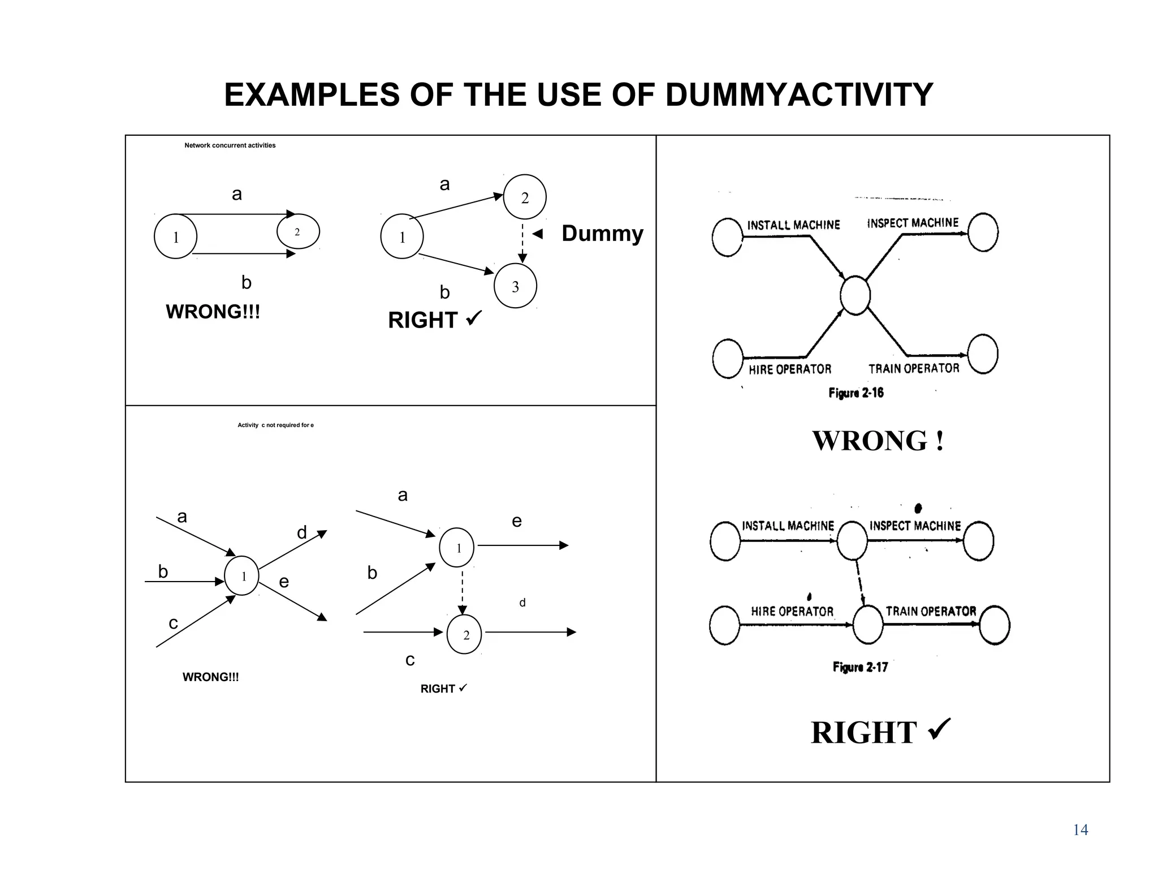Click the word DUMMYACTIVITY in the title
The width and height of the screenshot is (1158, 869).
[798, 94]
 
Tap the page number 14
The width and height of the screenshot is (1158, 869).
[1080, 830]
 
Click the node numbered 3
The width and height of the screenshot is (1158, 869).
[515, 286]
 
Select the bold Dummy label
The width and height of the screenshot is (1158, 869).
[602, 234]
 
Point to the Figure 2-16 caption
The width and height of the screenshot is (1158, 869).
[855, 393]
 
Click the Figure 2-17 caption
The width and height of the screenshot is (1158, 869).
[860, 667]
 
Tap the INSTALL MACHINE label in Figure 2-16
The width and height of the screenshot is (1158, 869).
[793, 225]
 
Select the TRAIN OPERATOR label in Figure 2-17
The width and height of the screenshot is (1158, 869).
[931, 611]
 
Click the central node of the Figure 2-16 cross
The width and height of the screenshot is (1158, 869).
[855, 295]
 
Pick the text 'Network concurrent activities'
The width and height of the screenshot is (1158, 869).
[230, 145]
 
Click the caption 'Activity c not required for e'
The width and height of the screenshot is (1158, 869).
[275, 425]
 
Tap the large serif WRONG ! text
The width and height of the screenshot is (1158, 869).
[878, 441]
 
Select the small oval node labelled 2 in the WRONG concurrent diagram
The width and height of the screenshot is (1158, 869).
[298, 231]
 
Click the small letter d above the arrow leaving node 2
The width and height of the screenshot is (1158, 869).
[522, 603]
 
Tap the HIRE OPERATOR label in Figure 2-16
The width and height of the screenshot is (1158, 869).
[790, 369]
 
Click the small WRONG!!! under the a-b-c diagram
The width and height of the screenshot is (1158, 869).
[210, 677]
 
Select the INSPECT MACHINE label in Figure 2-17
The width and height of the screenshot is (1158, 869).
[915, 526]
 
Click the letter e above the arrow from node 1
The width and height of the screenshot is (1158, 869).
[516, 521]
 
